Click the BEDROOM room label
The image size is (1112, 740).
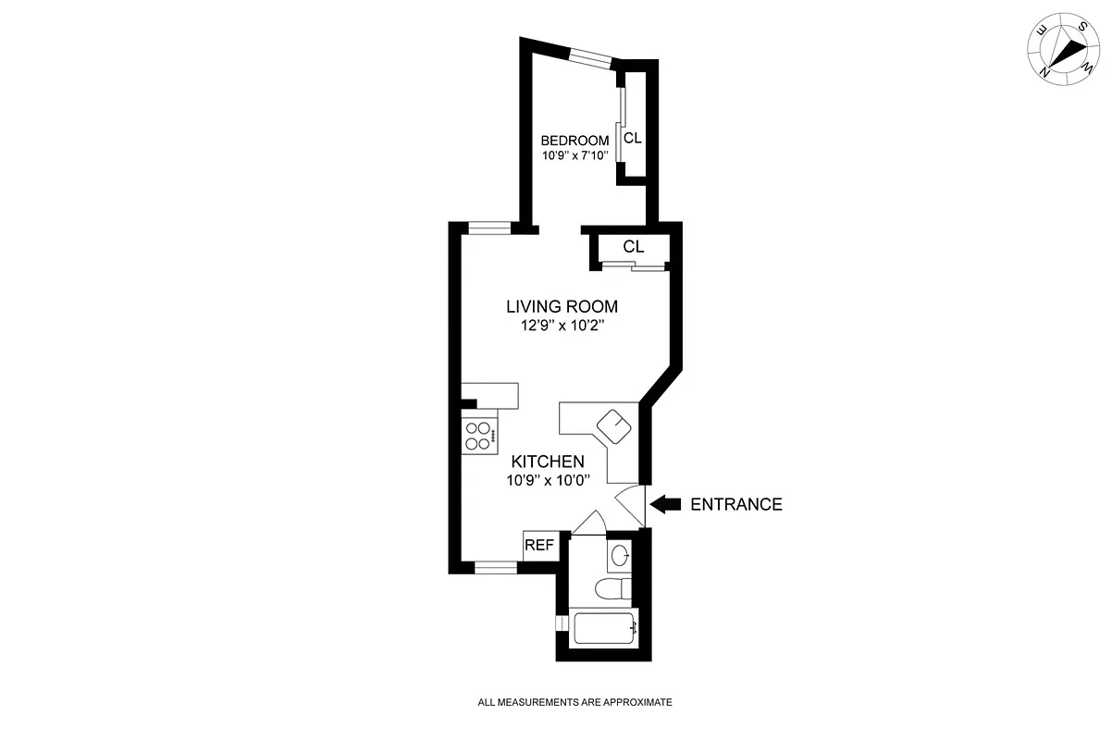coord(575,141)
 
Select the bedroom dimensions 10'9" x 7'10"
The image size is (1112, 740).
coord(575,155)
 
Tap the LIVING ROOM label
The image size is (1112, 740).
coord(562,306)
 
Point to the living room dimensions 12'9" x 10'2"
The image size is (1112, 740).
coord(562,326)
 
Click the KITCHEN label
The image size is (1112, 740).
coord(548,462)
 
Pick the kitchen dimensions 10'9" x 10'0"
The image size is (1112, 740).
coord(548,480)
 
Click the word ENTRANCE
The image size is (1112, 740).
coord(736,504)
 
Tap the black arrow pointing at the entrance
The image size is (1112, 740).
coord(665,504)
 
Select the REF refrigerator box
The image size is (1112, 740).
coord(539,546)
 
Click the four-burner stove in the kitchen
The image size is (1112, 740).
coord(480,436)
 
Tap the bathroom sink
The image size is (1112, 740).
coord(621,555)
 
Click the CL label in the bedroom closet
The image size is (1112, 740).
coord(632,139)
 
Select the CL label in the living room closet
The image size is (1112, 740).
coord(633,247)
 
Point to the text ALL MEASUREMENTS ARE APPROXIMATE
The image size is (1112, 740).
coord(575,702)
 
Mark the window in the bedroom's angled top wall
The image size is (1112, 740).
coord(590,58)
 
